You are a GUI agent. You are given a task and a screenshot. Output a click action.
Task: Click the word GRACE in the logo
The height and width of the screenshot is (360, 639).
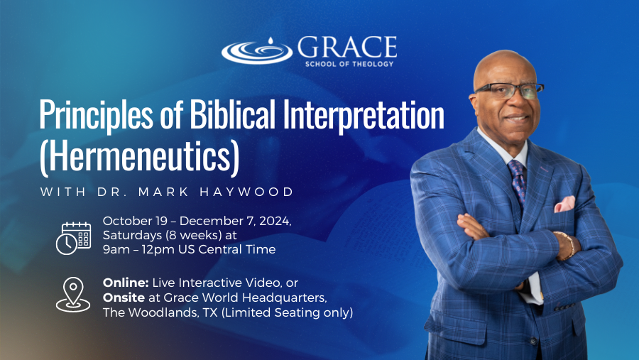347,47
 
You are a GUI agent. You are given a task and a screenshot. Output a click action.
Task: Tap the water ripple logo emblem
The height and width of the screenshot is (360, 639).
257,51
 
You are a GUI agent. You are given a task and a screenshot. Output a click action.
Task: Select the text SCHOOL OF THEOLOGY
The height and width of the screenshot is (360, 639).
349,64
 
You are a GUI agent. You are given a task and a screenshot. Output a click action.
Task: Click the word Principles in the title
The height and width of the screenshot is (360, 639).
96,115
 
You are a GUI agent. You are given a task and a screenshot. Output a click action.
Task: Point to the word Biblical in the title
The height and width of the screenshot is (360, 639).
232,114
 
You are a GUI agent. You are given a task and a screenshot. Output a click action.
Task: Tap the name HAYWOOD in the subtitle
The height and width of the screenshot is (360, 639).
246,192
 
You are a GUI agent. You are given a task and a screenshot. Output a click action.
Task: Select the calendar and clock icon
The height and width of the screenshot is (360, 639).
73,239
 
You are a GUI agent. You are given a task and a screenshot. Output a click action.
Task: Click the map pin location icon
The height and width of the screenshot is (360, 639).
73,295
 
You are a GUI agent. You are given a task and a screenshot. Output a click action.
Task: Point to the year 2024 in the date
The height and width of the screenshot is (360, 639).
275,221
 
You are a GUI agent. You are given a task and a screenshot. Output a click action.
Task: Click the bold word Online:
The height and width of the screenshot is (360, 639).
126,283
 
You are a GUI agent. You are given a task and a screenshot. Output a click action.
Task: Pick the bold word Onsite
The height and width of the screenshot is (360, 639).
124,298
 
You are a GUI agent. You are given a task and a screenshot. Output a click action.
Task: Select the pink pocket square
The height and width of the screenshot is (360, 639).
564,204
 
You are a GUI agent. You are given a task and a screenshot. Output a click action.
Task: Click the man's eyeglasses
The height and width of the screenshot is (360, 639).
509,90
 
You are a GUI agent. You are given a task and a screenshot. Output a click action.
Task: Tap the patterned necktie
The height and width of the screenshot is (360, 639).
517,182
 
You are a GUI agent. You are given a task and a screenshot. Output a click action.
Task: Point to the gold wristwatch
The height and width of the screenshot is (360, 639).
567,246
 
